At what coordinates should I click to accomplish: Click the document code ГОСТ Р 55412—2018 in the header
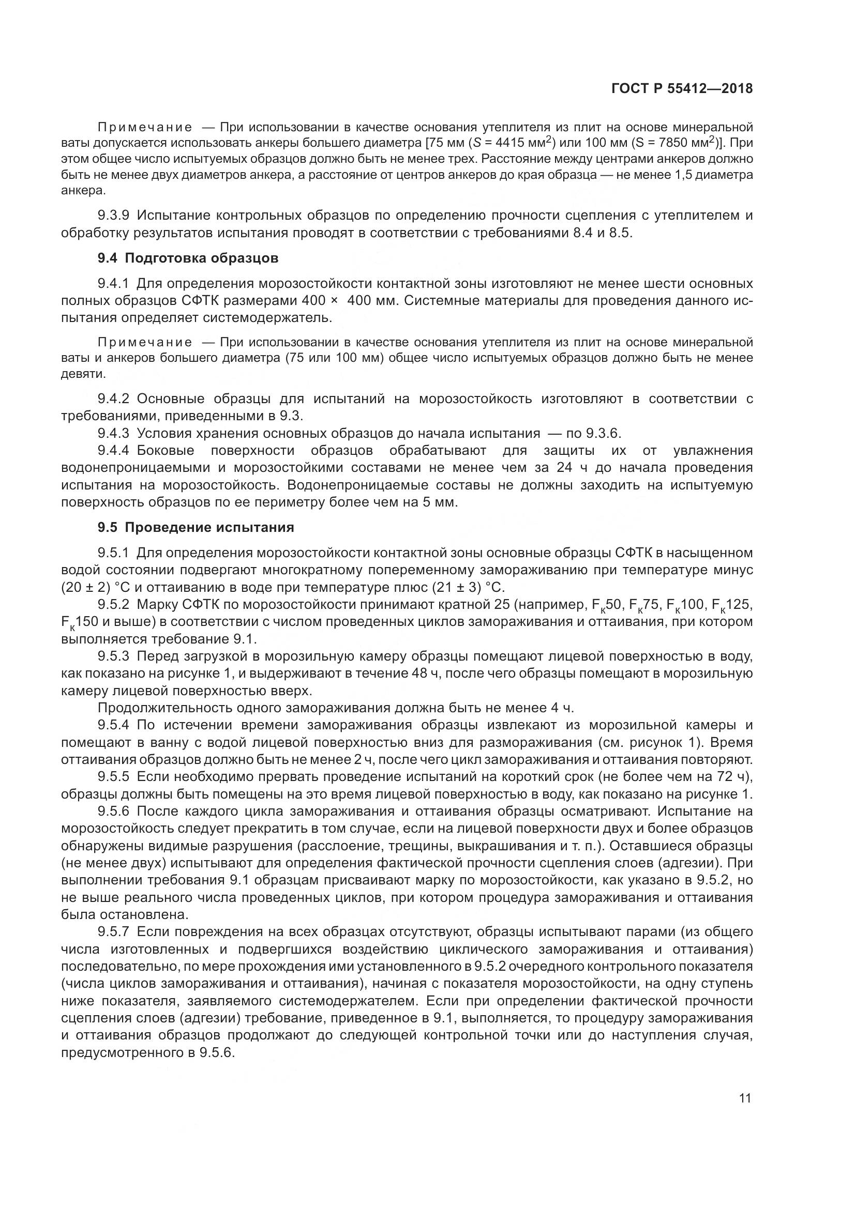[x=682, y=88]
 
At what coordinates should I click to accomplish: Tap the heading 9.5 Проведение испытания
[x=196, y=527]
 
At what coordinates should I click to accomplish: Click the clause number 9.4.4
[x=113, y=451]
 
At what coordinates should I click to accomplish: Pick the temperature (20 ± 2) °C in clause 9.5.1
[x=92, y=587]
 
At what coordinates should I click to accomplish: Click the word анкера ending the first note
[x=83, y=190]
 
